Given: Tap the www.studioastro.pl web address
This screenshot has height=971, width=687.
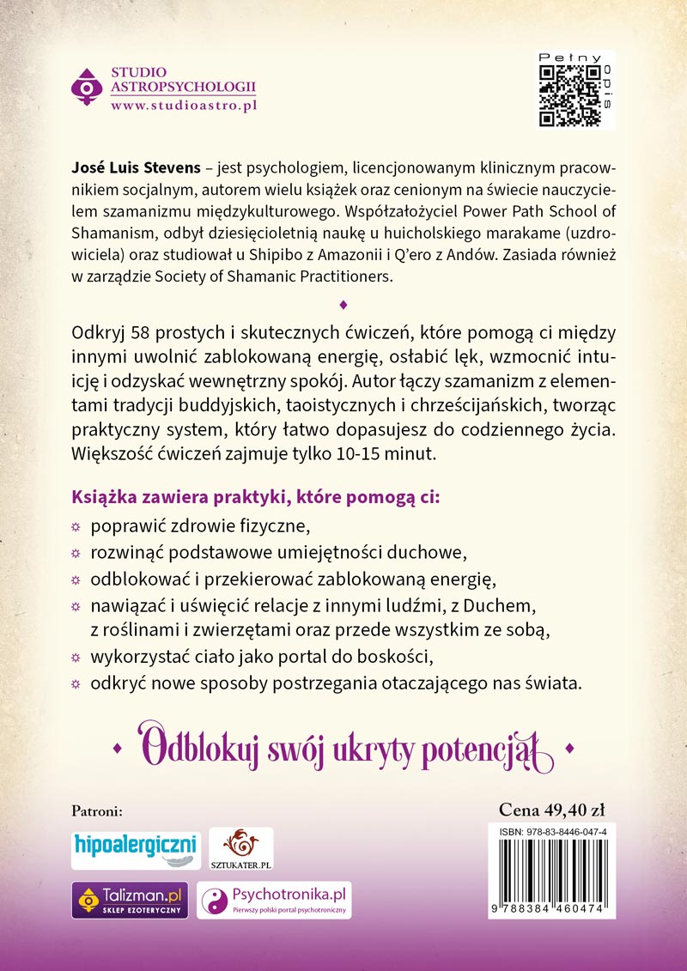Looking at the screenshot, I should point(184,105).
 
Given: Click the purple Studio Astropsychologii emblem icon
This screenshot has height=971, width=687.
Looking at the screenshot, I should point(86,87).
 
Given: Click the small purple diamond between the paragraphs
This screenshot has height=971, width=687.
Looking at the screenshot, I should point(343,304).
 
